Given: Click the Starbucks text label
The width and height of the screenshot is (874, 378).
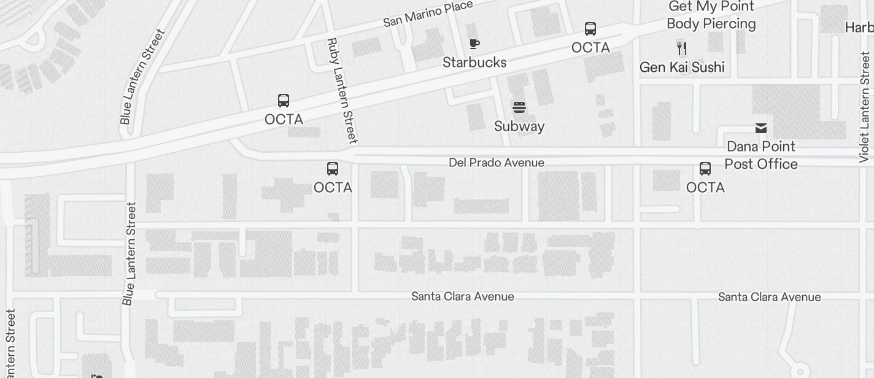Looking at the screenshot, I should [474, 63].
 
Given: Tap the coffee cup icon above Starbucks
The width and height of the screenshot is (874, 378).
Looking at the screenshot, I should [474, 44].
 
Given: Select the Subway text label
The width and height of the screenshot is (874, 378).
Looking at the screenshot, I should [519, 126].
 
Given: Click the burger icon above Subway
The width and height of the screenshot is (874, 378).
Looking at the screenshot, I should [519, 108].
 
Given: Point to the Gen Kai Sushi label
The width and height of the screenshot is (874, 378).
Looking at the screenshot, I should [682, 67].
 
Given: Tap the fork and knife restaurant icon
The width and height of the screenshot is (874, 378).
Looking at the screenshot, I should [681, 48].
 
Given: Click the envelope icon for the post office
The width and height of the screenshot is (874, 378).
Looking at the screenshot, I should [761, 128].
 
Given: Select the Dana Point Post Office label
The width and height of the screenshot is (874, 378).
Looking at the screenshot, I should [761, 155].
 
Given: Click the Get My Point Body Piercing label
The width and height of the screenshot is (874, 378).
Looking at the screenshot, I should [711, 15].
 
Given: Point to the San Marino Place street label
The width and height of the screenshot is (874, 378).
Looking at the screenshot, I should [428, 14].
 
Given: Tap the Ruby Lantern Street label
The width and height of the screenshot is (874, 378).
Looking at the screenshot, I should [342, 91].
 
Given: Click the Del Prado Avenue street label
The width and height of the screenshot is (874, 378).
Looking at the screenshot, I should [496, 163].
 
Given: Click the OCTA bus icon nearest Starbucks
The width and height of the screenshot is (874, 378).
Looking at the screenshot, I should [590, 29].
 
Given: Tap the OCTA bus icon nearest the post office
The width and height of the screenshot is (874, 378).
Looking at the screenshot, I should [705, 169].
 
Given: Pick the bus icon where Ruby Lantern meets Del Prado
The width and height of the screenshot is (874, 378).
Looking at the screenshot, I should [332, 169].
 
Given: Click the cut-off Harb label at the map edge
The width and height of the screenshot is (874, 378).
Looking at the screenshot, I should [859, 28].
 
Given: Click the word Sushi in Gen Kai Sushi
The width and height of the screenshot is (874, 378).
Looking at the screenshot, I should [707, 67].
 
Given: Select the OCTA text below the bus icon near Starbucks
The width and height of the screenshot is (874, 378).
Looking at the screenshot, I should [590, 48].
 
